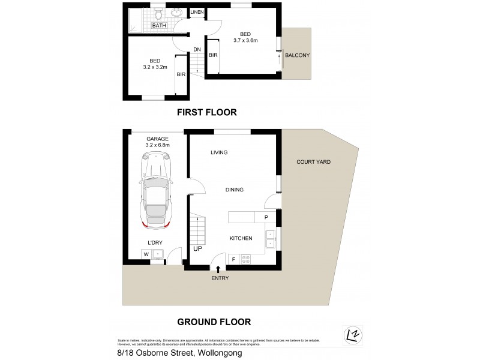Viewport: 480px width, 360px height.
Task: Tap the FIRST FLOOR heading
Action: click(206, 112)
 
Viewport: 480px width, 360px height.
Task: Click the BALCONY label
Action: click(298, 55)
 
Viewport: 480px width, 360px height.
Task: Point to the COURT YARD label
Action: click(313, 162)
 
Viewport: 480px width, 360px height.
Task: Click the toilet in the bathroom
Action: click(159, 13)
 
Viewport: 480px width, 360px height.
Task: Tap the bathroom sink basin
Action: click(177, 12)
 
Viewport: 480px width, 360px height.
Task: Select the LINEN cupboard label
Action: click(197, 12)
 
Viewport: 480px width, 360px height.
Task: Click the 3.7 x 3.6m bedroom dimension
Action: click(245, 41)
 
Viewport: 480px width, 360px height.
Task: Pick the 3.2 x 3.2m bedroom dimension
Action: click(155, 68)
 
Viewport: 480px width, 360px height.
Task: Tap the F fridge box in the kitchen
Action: click(233, 259)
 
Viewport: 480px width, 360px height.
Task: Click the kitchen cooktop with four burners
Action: click(245, 259)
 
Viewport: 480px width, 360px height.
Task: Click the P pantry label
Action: click(266, 217)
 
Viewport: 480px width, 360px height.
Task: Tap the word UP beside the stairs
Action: click(197, 248)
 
